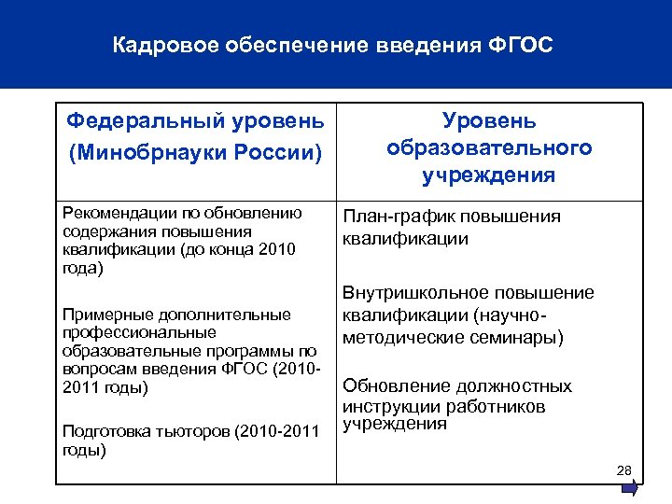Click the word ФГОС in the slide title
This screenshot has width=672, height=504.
[x=522, y=45]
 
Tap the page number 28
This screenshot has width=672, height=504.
[x=624, y=469]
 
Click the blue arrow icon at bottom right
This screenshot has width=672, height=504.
[x=631, y=486]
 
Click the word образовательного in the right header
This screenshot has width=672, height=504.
[x=488, y=147]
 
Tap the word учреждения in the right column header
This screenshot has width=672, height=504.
[x=488, y=175]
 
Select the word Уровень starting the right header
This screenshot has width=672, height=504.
[x=489, y=120]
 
